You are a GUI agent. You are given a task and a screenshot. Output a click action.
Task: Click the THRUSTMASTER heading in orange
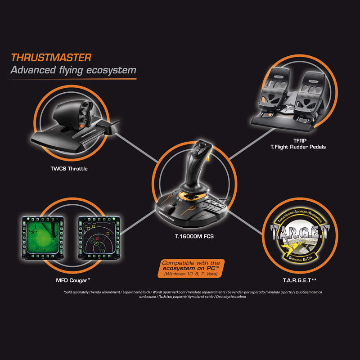point(51,58)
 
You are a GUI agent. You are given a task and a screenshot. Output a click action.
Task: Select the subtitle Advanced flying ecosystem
point(73,71)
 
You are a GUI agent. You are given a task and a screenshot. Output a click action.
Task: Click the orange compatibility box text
point(190,267)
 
